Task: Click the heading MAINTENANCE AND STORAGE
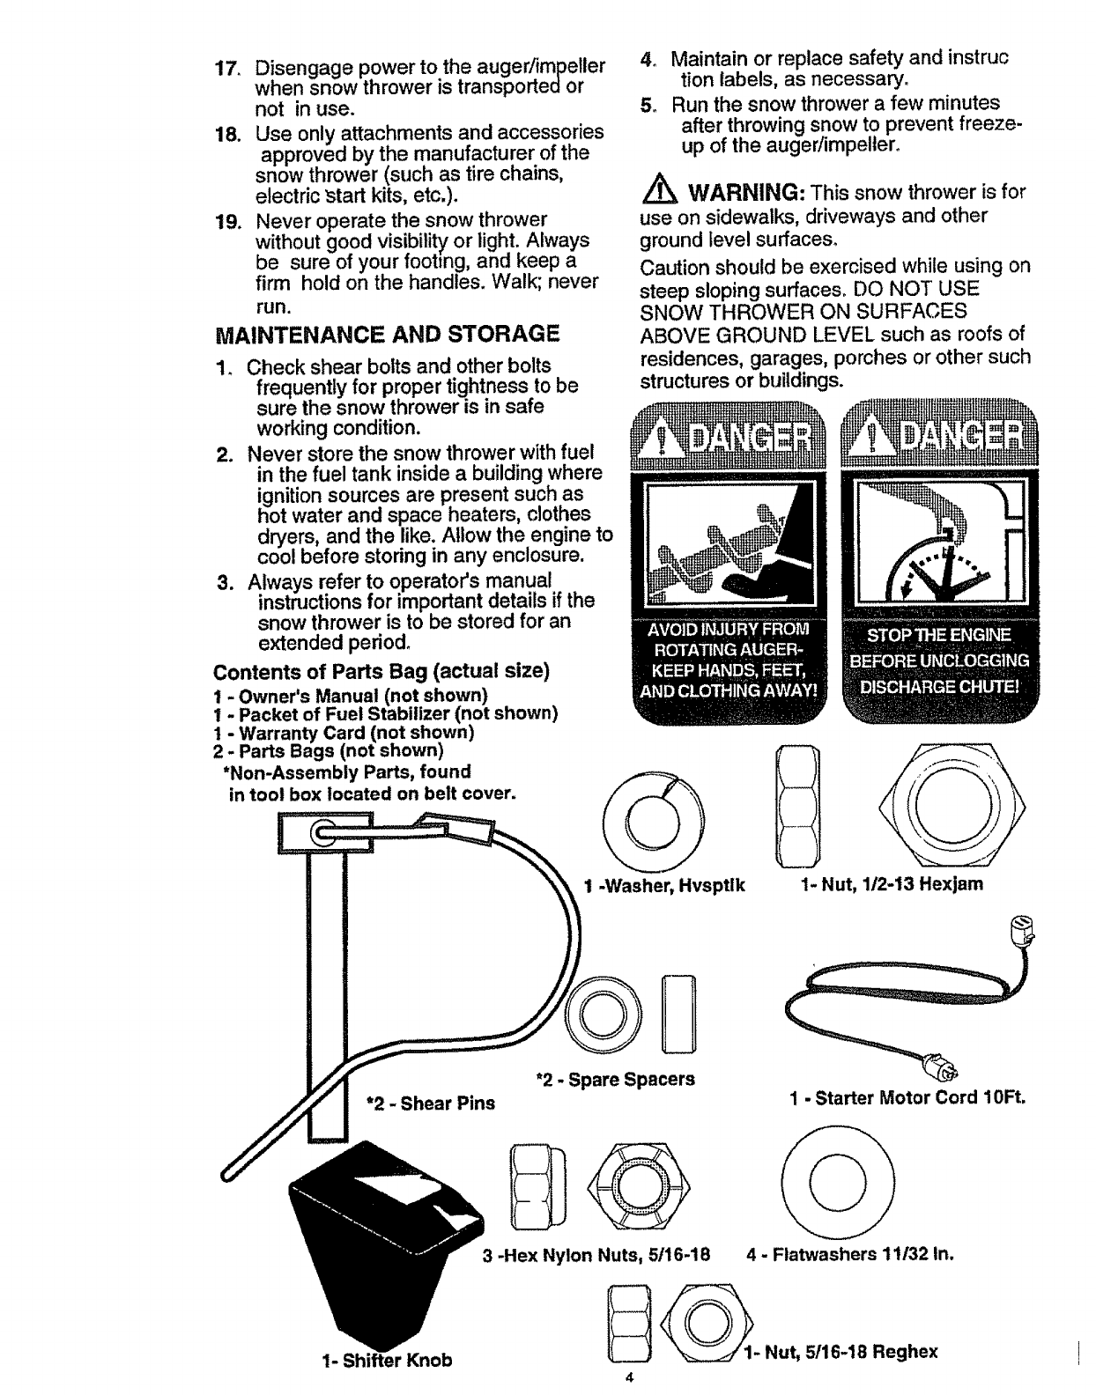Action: point(387,334)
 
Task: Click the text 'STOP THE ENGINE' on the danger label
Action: point(940,636)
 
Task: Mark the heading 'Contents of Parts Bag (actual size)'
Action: point(382,671)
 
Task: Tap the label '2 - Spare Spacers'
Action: point(616,1079)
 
